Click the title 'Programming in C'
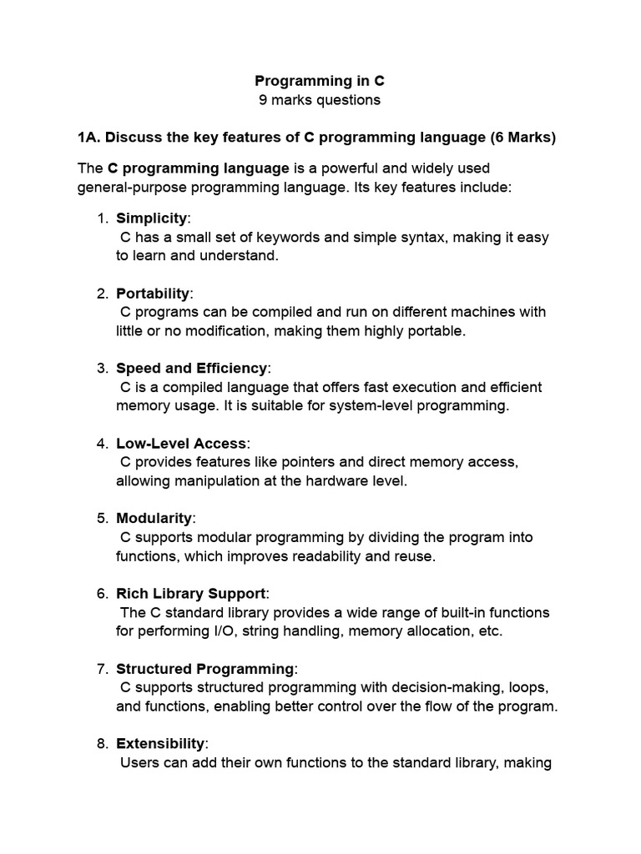(x=320, y=81)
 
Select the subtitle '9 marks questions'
(x=320, y=100)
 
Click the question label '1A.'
(x=89, y=137)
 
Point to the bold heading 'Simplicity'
(x=151, y=219)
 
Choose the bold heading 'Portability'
(x=153, y=294)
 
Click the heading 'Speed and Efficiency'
(x=192, y=369)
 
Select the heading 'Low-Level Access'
(x=181, y=444)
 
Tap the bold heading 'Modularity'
(x=154, y=519)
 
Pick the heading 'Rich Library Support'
(x=190, y=594)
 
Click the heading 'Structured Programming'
(x=205, y=669)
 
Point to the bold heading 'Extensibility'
(x=160, y=744)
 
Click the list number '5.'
(x=103, y=519)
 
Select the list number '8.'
(x=103, y=744)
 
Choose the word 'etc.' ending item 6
(x=487, y=630)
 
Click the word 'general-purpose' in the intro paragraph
(x=129, y=187)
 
